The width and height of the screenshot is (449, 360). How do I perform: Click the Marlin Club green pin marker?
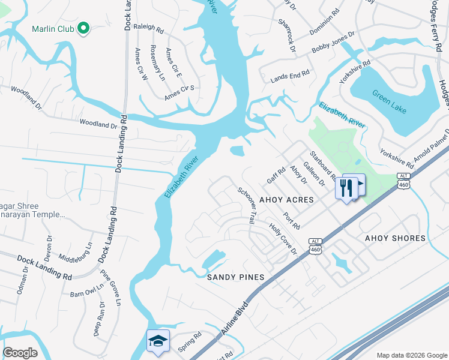(x=84, y=29)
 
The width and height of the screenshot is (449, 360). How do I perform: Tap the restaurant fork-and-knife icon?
(x=346, y=187)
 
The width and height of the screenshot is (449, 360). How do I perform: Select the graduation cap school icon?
(x=158, y=341)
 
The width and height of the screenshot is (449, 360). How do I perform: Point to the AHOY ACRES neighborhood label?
(x=286, y=200)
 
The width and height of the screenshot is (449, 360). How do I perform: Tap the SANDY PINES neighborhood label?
(x=236, y=277)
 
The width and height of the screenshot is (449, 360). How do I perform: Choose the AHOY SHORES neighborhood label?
(x=395, y=238)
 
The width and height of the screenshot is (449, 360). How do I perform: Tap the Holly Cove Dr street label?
(x=283, y=238)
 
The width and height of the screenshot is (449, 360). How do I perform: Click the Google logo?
(x=20, y=353)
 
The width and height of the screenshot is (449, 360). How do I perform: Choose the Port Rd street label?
(x=292, y=220)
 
